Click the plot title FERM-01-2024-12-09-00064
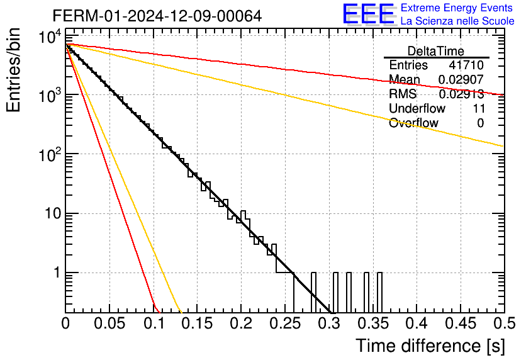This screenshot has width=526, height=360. click(157, 16)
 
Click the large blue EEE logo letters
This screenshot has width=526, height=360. click(369, 14)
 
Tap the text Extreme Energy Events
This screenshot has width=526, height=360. click(457, 8)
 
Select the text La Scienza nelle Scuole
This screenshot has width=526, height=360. click(457, 21)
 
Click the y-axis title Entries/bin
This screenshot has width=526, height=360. click(13, 70)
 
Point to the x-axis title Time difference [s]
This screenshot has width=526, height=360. click(430, 346)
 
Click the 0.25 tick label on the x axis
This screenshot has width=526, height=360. click(285, 323)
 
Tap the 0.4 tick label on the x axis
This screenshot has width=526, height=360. click(417, 323)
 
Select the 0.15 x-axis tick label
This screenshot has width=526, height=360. click(198, 323)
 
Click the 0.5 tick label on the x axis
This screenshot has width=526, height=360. click(504, 323)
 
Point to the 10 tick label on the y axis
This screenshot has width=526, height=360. click(53, 213)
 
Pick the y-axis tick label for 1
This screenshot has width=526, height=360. click(57, 273)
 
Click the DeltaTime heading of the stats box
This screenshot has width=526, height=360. click(436, 52)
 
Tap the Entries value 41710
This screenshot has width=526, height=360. click(466, 65)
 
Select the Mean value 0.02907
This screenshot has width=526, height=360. click(461, 79)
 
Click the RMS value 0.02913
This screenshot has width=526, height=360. click(461, 94)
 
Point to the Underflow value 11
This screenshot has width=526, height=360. click(479, 108)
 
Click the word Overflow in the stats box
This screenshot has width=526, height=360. click(413, 123)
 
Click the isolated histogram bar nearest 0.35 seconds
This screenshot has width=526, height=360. click(379, 292)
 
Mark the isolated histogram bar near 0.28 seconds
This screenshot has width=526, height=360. click(314, 292)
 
